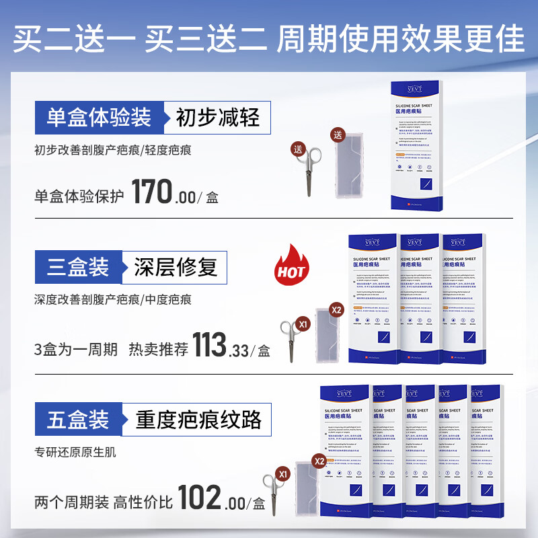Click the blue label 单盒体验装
click(99, 119)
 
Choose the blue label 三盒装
click(79, 268)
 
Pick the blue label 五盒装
click(79, 420)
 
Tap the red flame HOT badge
click(291, 267)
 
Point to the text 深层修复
click(176, 268)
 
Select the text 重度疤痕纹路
click(198, 420)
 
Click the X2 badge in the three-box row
click(336, 310)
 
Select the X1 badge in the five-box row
click(284, 473)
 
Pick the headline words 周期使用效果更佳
click(401, 38)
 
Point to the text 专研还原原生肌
click(75, 452)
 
